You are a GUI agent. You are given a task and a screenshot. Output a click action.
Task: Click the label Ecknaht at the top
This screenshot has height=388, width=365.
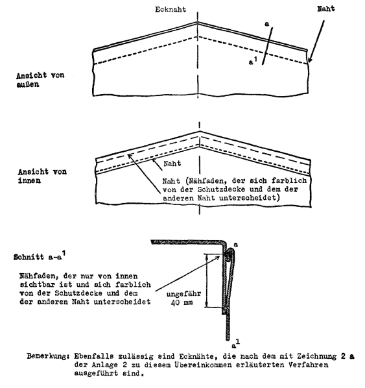click(171, 9)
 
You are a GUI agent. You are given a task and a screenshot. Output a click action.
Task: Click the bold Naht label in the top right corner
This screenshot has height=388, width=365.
click(326, 9)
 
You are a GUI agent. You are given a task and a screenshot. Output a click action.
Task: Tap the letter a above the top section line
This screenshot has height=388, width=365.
click(266, 24)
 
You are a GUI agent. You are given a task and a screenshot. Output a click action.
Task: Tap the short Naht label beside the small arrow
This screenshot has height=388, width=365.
click(172, 164)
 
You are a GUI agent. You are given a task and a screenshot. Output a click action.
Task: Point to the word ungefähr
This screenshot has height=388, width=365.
click(183, 294)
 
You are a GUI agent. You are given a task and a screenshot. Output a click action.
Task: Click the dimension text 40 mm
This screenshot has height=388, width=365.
click(182, 302)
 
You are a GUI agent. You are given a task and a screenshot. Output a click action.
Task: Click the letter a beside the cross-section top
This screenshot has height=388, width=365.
click(236, 245)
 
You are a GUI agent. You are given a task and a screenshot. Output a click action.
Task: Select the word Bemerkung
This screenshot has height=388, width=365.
click(47, 356)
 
